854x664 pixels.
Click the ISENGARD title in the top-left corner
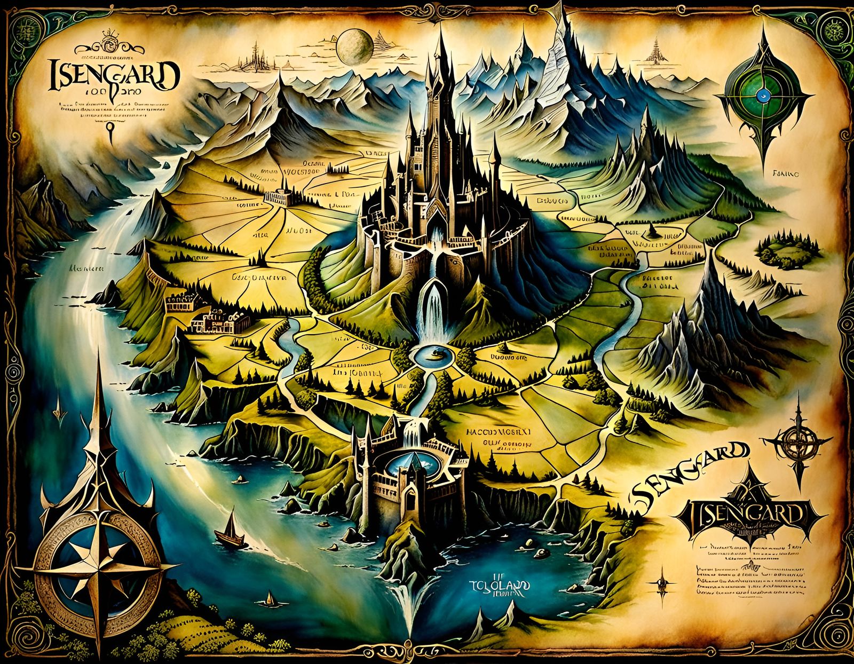tap(113, 75)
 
